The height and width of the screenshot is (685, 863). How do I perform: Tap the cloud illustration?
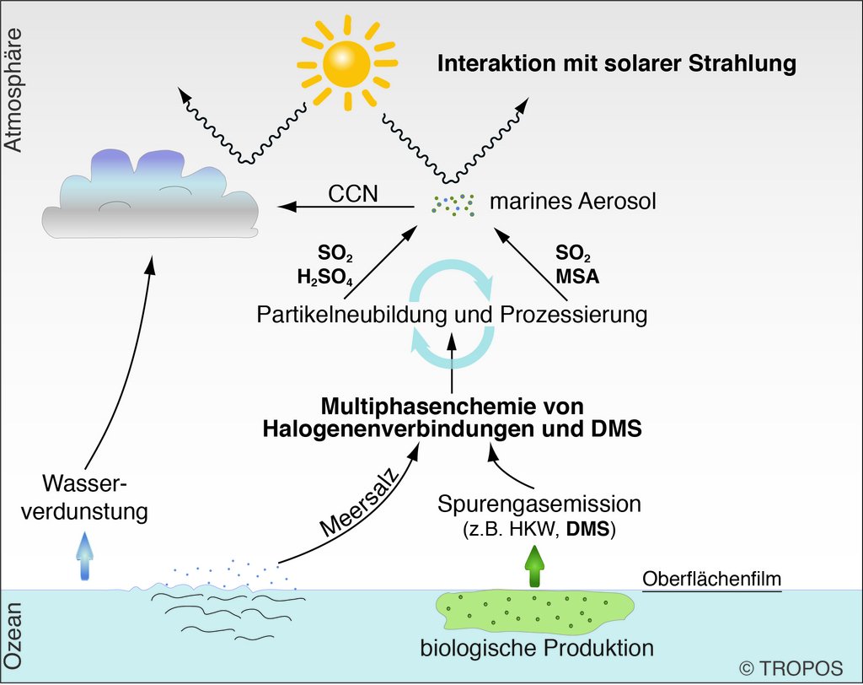coord(152,198)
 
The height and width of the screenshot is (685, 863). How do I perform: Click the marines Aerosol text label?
coord(572,202)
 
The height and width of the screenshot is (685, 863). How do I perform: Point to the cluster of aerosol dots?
coord(453,203)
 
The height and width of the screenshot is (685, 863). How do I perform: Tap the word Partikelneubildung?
coord(346,316)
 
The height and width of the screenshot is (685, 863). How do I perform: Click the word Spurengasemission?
coord(539,504)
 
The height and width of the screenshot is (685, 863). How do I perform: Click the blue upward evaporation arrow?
coord(85,557)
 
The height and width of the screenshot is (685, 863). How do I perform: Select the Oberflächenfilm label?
coord(712,580)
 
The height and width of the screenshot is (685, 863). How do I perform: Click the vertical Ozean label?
coord(13,635)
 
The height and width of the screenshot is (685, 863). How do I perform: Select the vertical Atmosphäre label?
coord(13,89)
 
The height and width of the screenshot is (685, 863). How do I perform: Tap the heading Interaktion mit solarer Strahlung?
coord(616,64)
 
